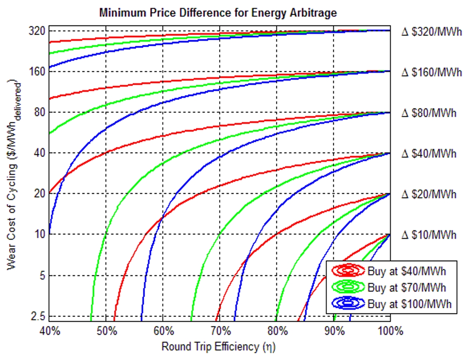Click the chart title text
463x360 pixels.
pos(218,13)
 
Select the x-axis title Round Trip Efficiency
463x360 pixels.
pos(218,346)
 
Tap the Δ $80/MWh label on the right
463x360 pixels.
pos(428,113)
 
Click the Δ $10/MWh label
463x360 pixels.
pos(428,235)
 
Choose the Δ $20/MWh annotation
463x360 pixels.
pos(428,194)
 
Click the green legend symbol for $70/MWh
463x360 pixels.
pos(347,287)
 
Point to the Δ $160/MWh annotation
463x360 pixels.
pos(431,72)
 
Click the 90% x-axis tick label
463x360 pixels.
pos(334,331)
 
